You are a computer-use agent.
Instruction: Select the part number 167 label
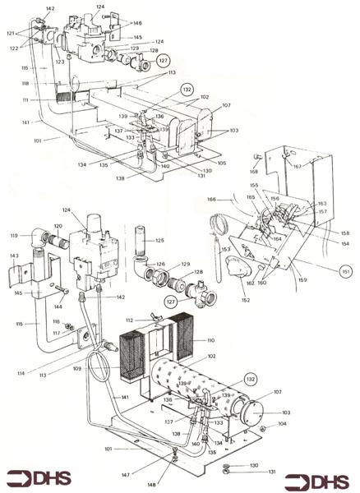(x=320, y=167)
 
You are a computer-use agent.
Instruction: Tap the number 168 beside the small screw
(x=254, y=172)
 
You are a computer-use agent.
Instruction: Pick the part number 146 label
(x=137, y=24)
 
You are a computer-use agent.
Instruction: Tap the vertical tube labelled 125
(x=136, y=246)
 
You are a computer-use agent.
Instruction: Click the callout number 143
(x=14, y=256)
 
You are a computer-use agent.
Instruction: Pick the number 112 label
(x=129, y=320)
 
